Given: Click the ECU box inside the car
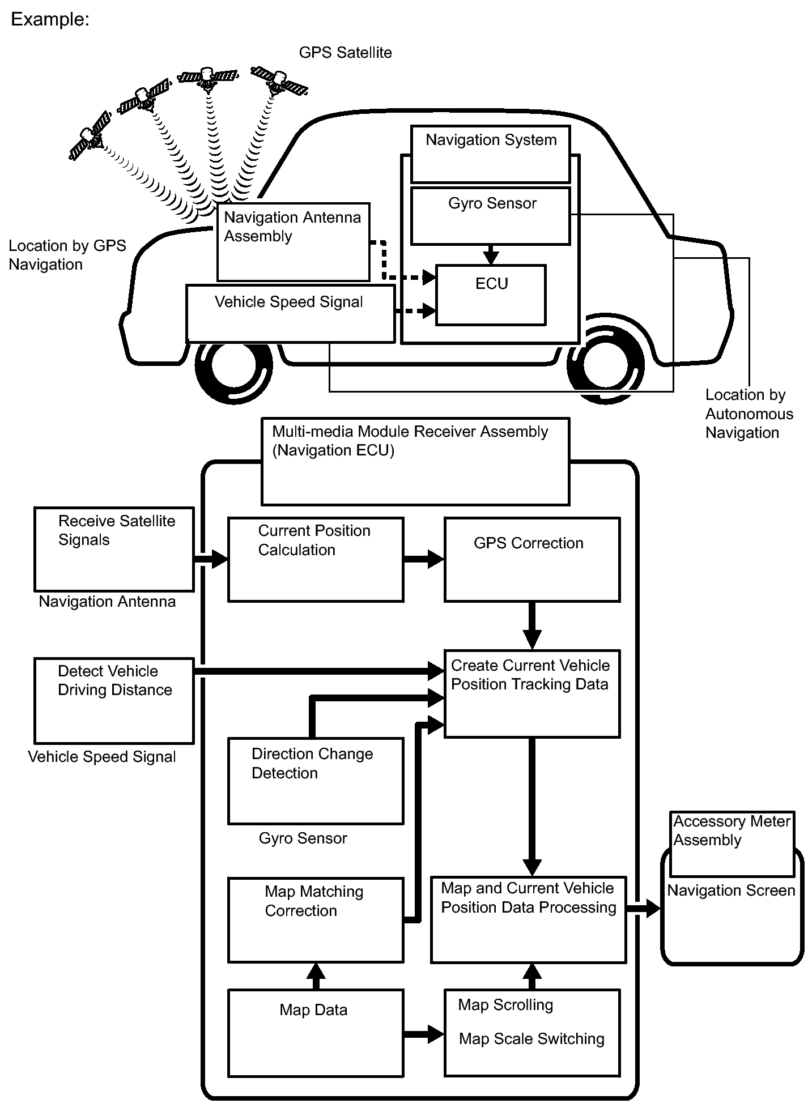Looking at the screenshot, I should [491, 295].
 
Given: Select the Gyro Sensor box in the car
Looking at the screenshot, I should [491, 216].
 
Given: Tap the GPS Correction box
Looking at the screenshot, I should [532, 559].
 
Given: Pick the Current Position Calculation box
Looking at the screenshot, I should [316, 559].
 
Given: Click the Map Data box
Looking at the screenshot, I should [316, 1033].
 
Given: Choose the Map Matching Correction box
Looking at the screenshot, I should [316, 920].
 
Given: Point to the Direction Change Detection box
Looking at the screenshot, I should [316, 781].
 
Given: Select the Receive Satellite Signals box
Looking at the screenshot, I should [114, 549].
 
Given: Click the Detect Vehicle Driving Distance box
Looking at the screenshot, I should [114, 701].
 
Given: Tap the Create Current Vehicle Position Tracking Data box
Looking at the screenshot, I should [532, 693].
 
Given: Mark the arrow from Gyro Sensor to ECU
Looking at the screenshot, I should [491, 254].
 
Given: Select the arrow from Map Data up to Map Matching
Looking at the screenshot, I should [316, 975].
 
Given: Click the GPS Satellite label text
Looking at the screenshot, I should [345, 53].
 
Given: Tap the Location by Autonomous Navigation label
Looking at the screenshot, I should [749, 414].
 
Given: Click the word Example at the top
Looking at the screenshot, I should [50, 19].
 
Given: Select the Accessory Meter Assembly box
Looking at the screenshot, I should [732, 844].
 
